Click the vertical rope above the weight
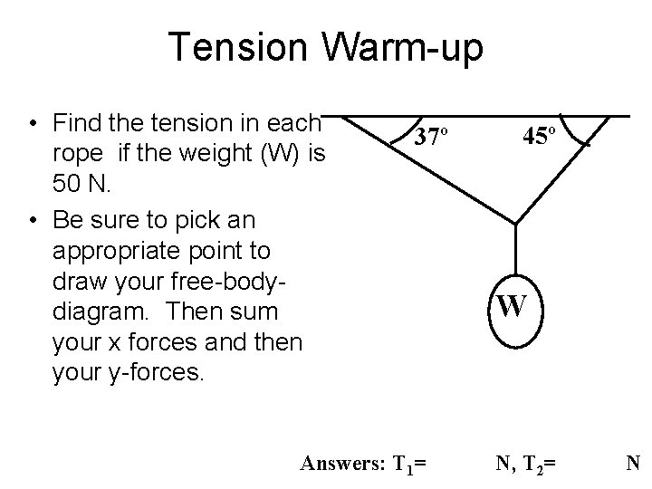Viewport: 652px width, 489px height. point(515,249)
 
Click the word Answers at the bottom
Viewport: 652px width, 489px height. point(340,465)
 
